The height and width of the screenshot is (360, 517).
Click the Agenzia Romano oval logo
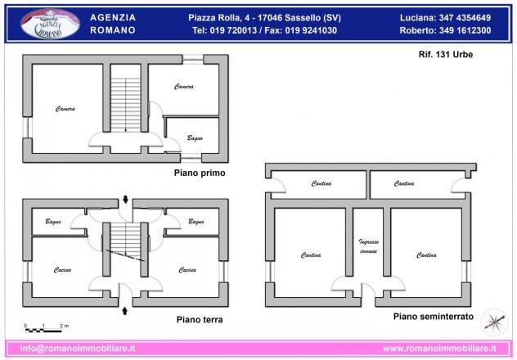coord(50,24)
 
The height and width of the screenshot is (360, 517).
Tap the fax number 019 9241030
coord(311,30)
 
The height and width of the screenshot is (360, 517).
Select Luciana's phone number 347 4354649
coord(465,18)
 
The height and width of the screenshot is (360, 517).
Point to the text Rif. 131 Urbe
coord(446,54)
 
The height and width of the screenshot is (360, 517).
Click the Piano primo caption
coord(200,173)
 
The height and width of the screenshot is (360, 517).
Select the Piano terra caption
coord(200,319)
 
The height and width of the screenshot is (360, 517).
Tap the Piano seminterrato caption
coord(434,317)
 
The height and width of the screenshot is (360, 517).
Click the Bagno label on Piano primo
coord(195,138)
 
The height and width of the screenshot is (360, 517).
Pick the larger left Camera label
coord(65,109)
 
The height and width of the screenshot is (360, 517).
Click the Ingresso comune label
coord(369,246)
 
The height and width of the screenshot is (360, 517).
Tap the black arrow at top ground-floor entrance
coord(125,199)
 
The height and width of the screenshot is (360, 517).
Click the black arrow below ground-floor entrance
coord(125,311)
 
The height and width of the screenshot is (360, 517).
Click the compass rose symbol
coord(494,322)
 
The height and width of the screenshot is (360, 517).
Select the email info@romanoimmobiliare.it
coord(78,349)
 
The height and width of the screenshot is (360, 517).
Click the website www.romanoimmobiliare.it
coord(439,349)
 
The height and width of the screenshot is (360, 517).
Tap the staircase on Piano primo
coord(126,105)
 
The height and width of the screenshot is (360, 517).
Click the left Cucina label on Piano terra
coord(63,270)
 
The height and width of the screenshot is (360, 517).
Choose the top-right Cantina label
coord(404,183)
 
